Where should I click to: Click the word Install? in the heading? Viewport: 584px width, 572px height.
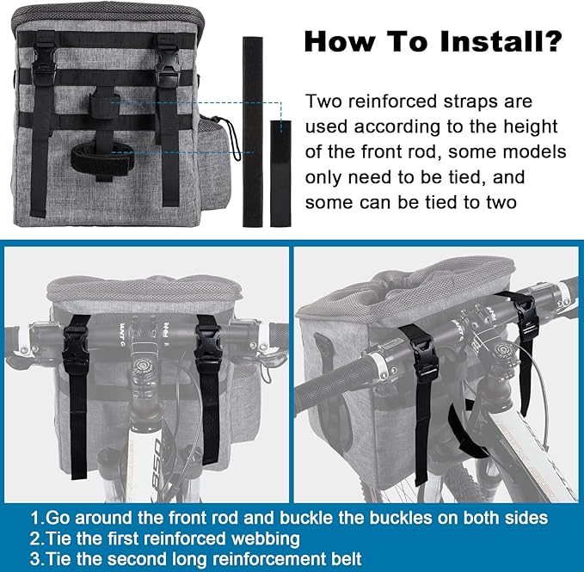coord(501,41)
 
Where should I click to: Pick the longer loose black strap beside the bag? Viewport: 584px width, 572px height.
coord(253,132)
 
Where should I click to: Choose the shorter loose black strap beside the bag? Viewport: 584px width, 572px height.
coord(280,174)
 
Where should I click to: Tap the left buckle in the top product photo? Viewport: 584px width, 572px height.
coord(44,64)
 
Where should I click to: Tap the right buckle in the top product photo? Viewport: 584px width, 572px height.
coord(169,64)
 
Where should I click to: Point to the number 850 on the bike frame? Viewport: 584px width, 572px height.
coord(157,464)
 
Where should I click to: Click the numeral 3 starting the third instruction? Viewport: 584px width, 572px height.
coord(36,559)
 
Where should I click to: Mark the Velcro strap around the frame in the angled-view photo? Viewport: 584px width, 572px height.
coord(465,432)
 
